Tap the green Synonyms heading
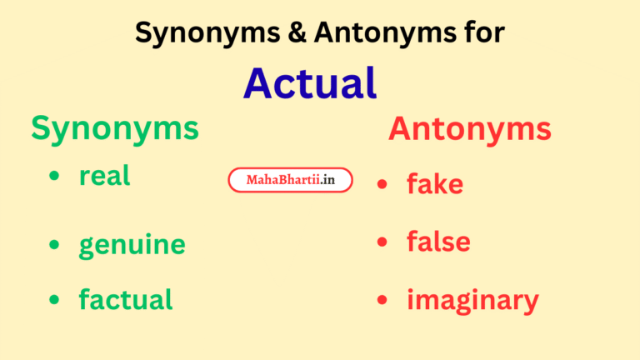pyautogui.click(x=115, y=128)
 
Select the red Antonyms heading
pyautogui.click(x=469, y=129)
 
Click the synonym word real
pyautogui.click(x=105, y=176)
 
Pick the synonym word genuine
pyautogui.click(x=132, y=245)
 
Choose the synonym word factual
pyautogui.click(x=125, y=299)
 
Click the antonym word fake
pyautogui.click(x=434, y=183)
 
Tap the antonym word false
pyautogui.click(x=438, y=242)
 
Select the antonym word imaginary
pyautogui.click(x=472, y=300)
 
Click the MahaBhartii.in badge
pyautogui.click(x=290, y=180)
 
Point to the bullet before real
pyautogui.click(x=55, y=177)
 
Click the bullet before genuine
pyautogui.click(x=55, y=244)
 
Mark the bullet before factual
pyautogui.click(x=55, y=299)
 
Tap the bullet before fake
pyautogui.click(x=382, y=183)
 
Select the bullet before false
pyautogui.click(x=382, y=242)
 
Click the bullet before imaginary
pyautogui.click(x=382, y=299)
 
